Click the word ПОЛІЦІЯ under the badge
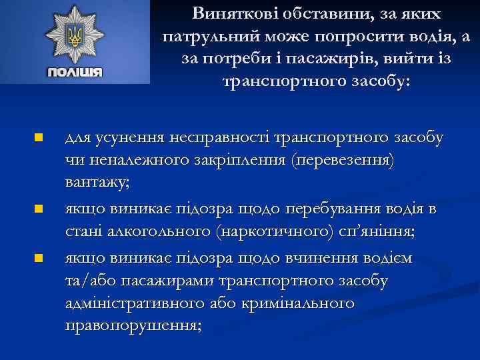[75, 72]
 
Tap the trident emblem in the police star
[75, 35]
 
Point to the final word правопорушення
[133, 327]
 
